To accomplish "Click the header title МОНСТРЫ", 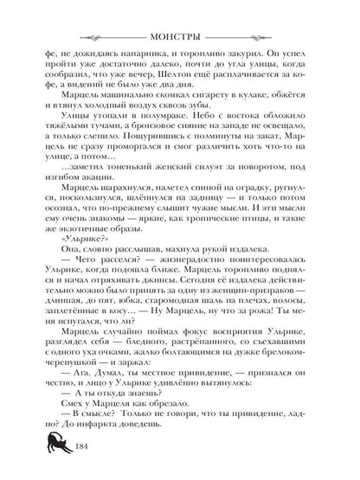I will (180, 36).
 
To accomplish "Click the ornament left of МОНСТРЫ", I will (109, 36).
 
